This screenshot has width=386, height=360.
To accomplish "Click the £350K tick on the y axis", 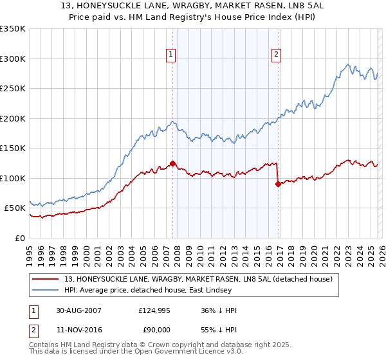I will (x=13, y=29).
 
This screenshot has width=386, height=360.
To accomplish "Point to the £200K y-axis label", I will (x=13, y=118).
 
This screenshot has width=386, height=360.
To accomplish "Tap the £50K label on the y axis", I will (x=15, y=208).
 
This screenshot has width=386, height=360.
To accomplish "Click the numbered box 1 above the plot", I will (x=172, y=55).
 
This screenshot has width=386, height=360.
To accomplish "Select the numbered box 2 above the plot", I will (x=276, y=55).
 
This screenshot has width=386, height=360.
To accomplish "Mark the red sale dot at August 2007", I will (x=172, y=163).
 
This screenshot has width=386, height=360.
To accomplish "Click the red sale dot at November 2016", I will (x=278, y=184).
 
